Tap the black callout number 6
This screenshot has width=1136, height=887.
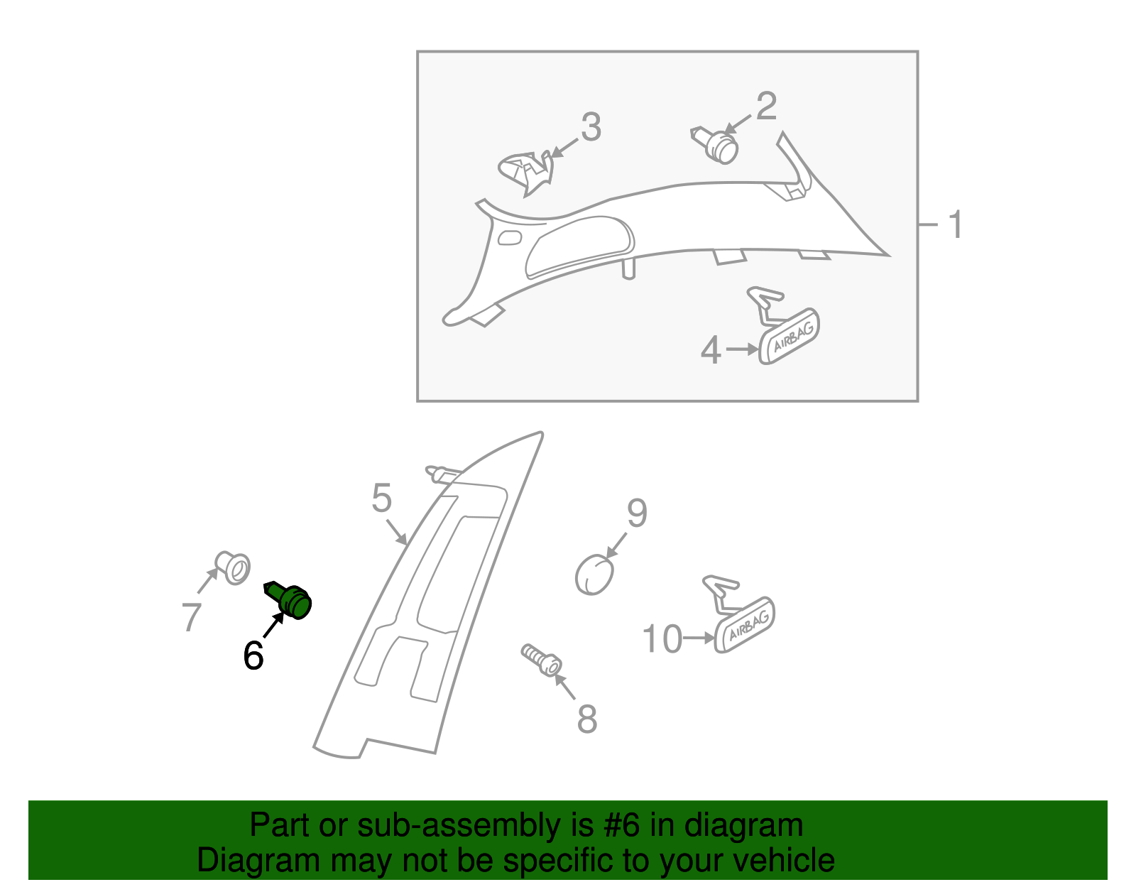click(x=253, y=655)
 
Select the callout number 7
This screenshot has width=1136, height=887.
click(x=191, y=616)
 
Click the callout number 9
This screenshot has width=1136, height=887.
click(x=637, y=513)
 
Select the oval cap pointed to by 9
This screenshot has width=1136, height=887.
click(x=594, y=575)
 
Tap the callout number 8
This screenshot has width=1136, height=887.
click(x=586, y=719)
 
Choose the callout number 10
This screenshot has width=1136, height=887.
click(x=662, y=639)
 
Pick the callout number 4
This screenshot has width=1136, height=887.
click(x=711, y=350)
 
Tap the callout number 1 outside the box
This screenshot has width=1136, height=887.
click(x=956, y=224)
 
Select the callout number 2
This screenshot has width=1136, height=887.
click(x=766, y=107)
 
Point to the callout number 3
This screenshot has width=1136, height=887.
click(x=591, y=128)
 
